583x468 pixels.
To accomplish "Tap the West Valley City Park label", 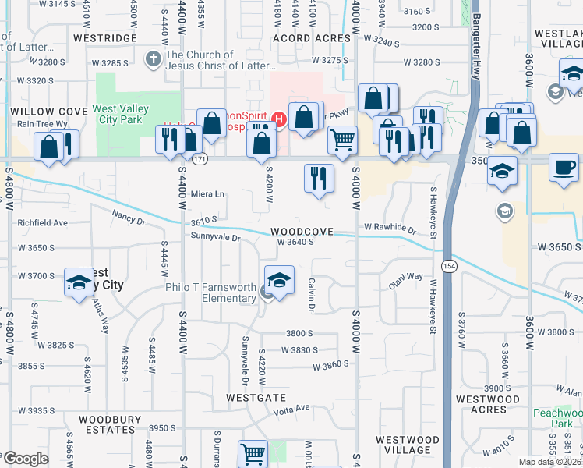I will pos(117,114).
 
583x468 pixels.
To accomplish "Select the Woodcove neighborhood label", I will pos(302,232).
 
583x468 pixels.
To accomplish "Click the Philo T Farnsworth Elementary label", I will pos(210,292).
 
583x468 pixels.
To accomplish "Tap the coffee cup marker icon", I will pos(564,166).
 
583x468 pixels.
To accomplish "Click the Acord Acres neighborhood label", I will pos(312,37).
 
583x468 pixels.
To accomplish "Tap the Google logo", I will pos(26,459).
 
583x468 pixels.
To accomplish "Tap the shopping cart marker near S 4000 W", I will pos(342,140).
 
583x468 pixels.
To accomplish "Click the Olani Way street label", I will pos(405,277).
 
